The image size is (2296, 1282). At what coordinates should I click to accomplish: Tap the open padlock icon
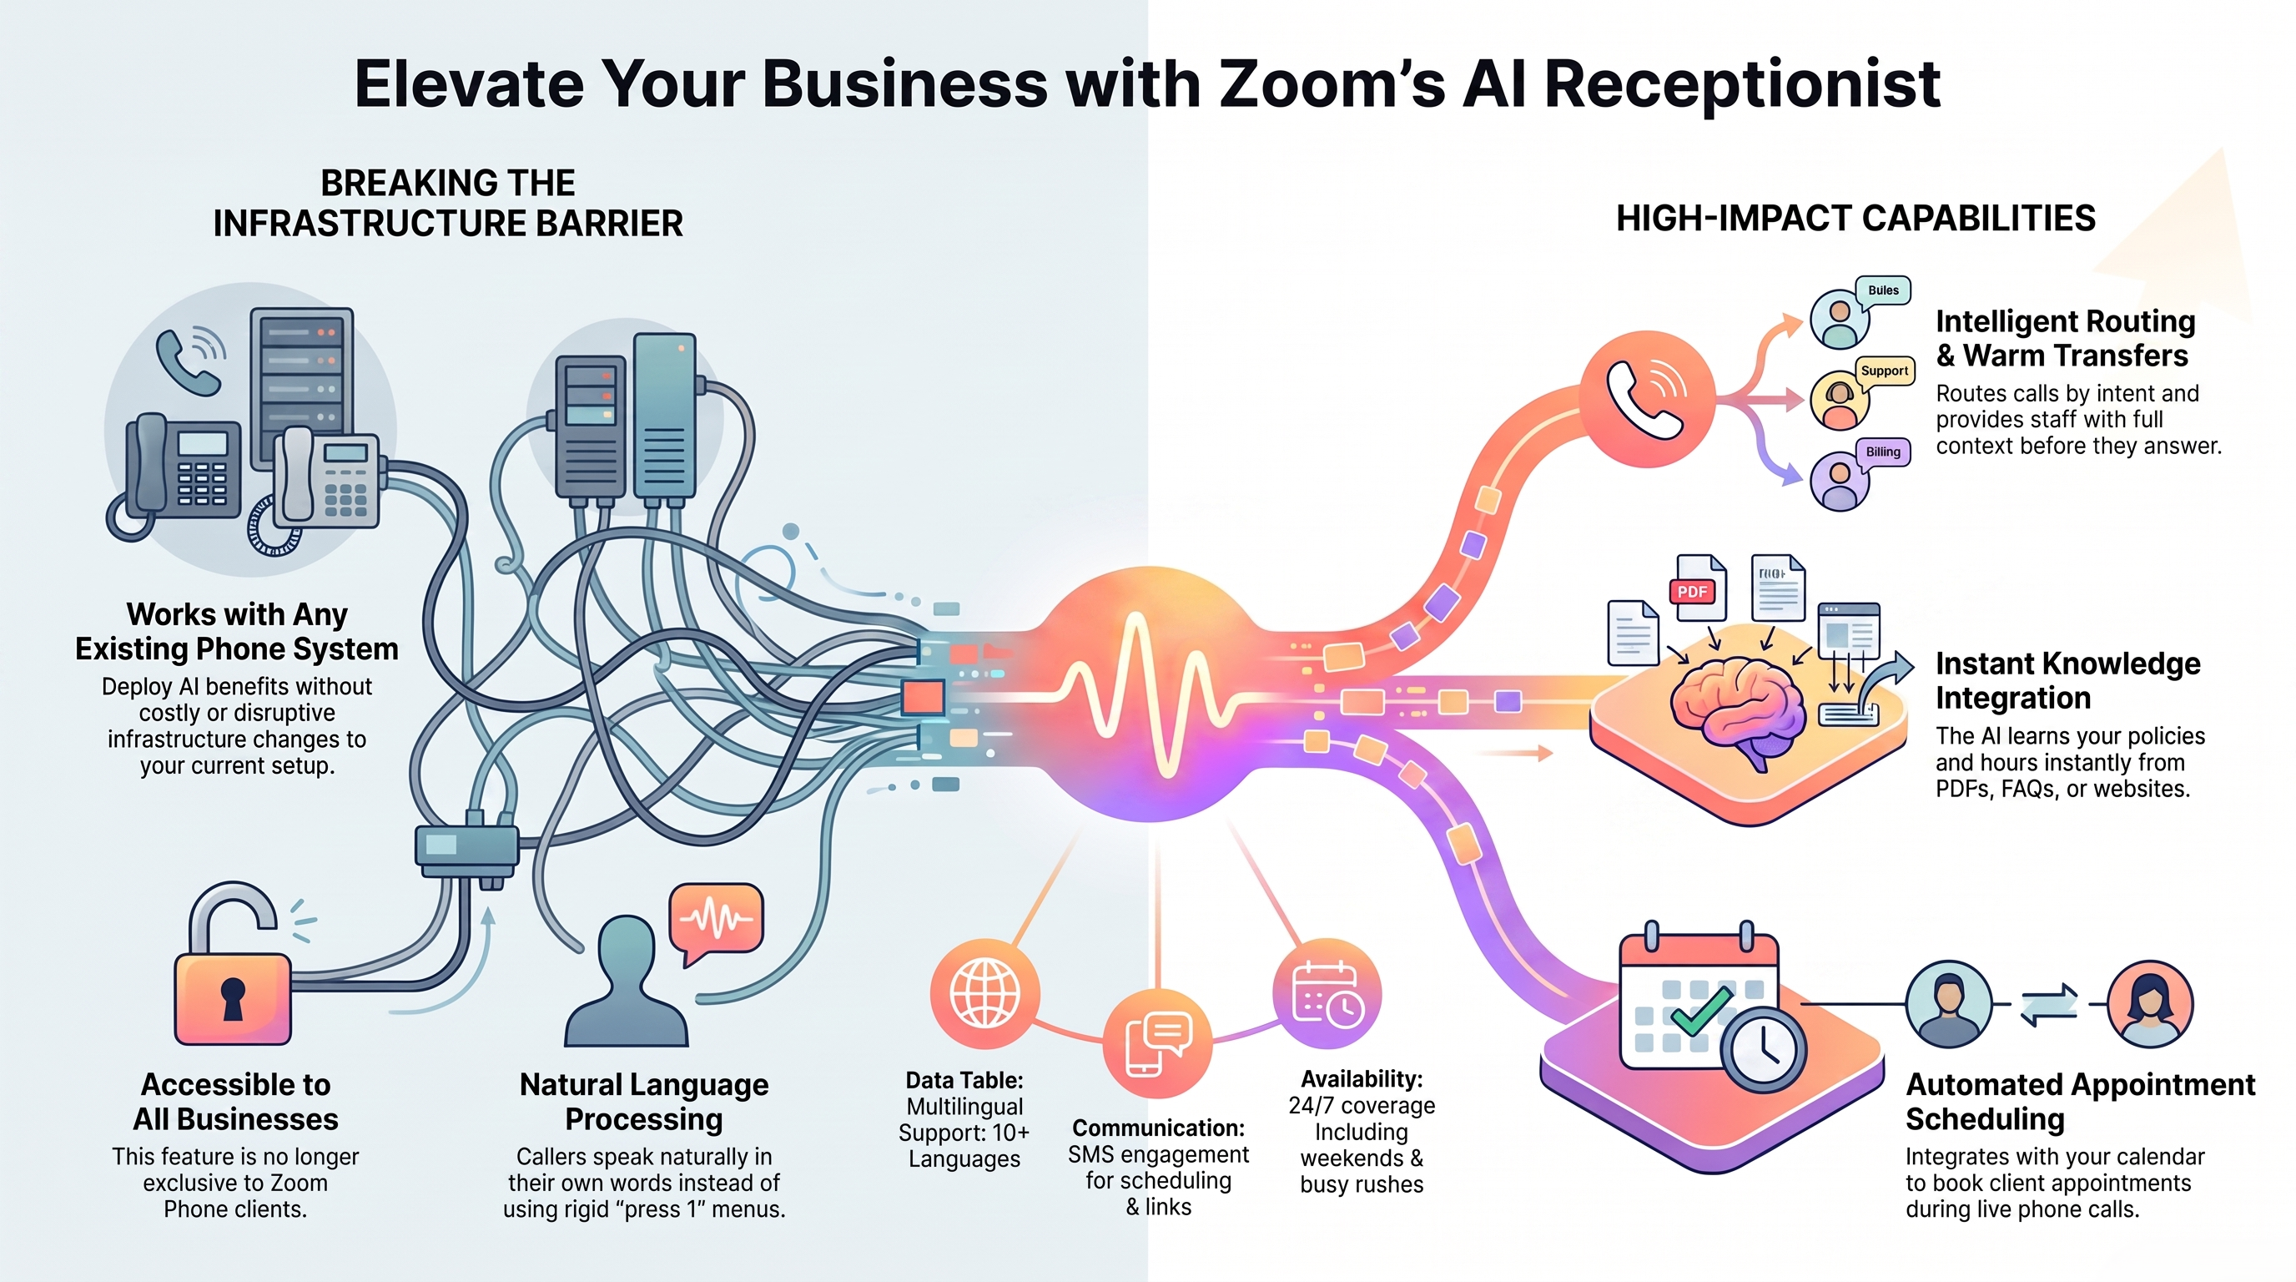click(x=234, y=965)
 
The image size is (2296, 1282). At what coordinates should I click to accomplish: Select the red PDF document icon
click(x=1696, y=588)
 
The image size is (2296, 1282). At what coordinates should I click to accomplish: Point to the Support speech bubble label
click(x=1884, y=371)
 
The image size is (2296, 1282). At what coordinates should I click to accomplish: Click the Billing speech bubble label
click(x=1882, y=452)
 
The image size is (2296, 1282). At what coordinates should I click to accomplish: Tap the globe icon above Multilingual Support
click(x=984, y=993)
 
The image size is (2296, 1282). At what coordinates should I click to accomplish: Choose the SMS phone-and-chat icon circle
click(x=1157, y=1043)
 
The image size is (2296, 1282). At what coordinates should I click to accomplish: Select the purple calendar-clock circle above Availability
click(x=1327, y=993)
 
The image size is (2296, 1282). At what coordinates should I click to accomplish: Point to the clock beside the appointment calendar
click(x=1764, y=1051)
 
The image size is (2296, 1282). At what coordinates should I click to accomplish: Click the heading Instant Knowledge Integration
click(x=2068, y=680)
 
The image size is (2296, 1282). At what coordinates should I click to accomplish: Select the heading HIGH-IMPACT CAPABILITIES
click(x=1855, y=219)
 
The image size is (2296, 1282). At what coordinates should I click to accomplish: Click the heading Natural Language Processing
click(x=643, y=1102)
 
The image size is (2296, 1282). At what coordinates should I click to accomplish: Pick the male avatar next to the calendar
click(x=1948, y=1004)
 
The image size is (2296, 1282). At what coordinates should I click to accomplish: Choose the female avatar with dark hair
click(x=2150, y=1004)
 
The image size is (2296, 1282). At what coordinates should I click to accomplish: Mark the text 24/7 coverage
click(x=1362, y=1106)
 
